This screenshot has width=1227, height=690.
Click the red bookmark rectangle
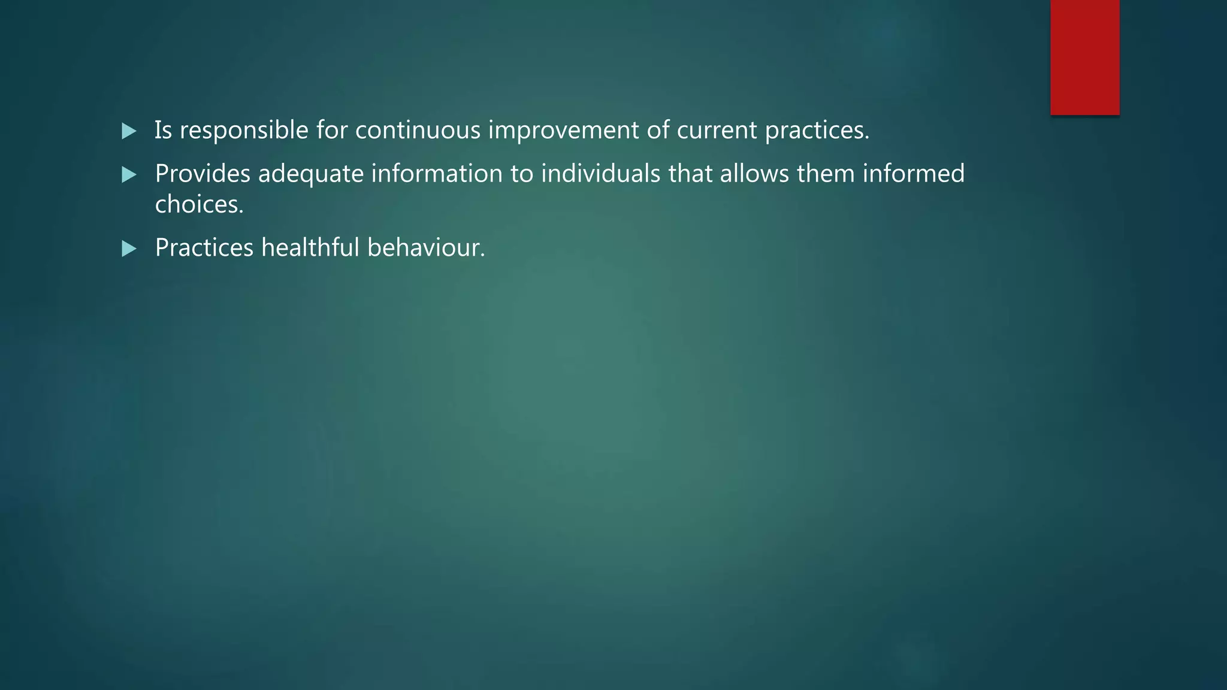1084,57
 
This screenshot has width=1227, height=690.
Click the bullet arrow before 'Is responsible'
129,131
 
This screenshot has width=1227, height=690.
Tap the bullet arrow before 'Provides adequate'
129,175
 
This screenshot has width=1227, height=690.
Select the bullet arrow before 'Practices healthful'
129,249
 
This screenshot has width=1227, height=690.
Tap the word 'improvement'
563,131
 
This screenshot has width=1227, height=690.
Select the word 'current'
717,131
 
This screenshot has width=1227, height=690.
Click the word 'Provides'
203,174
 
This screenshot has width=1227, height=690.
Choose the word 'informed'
913,174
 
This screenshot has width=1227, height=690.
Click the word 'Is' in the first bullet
163,131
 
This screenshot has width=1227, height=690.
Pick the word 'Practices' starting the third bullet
204,247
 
